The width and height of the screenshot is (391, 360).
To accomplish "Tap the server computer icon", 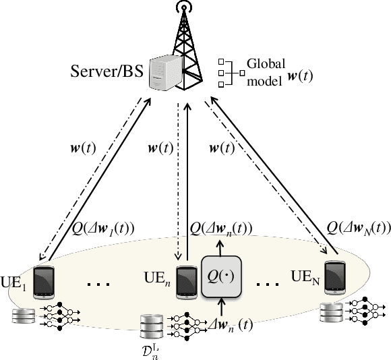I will pos(162,71).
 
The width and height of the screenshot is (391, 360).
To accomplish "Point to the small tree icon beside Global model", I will pos(229,71).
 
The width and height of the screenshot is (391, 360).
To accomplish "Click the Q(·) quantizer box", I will pos(222,276).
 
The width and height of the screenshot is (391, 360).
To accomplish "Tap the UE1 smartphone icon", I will pos(44,278).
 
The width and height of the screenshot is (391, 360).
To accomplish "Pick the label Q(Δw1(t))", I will pos(103,228).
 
